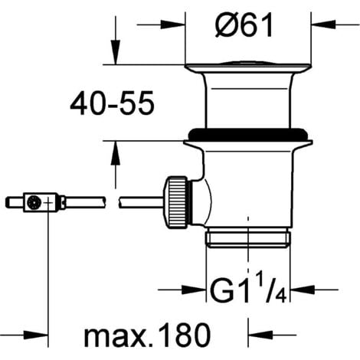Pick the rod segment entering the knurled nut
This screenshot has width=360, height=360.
[x=142, y=203]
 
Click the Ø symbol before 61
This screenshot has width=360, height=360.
[x=220, y=29]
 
